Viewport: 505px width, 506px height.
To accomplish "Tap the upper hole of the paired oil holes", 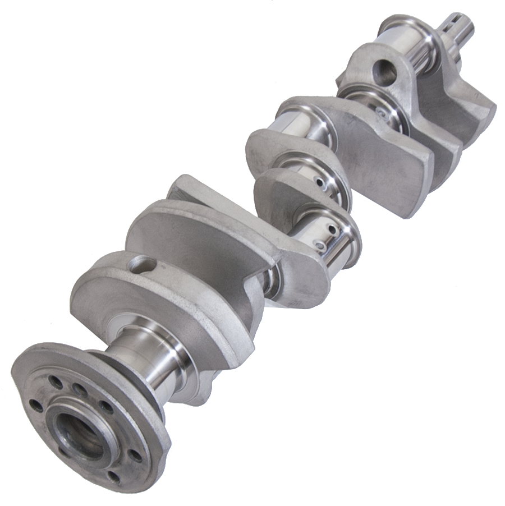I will coord(332,229).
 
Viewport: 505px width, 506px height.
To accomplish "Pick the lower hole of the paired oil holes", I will coord(320,245).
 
